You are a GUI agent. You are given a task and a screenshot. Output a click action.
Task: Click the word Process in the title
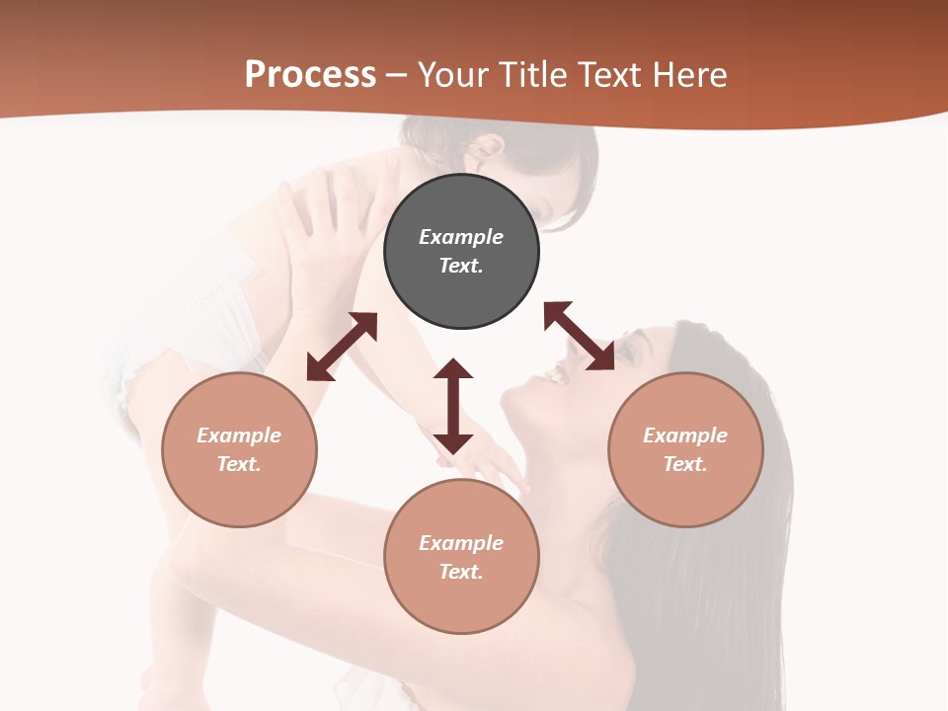coord(310,75)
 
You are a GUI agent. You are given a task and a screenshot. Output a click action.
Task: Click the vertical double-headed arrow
coord(453,406)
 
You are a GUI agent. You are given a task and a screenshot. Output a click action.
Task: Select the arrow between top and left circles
coord(342,347)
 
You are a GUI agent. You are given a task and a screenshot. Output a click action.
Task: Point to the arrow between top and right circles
coord(579,336)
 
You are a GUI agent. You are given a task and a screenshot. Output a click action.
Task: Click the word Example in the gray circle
coord(461,237)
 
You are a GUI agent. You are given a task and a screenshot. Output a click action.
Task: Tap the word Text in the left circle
coord(239,464)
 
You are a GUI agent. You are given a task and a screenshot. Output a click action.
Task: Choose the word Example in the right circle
coord(685,435)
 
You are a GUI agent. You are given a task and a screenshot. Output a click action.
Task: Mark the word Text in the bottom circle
coord(461,572)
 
